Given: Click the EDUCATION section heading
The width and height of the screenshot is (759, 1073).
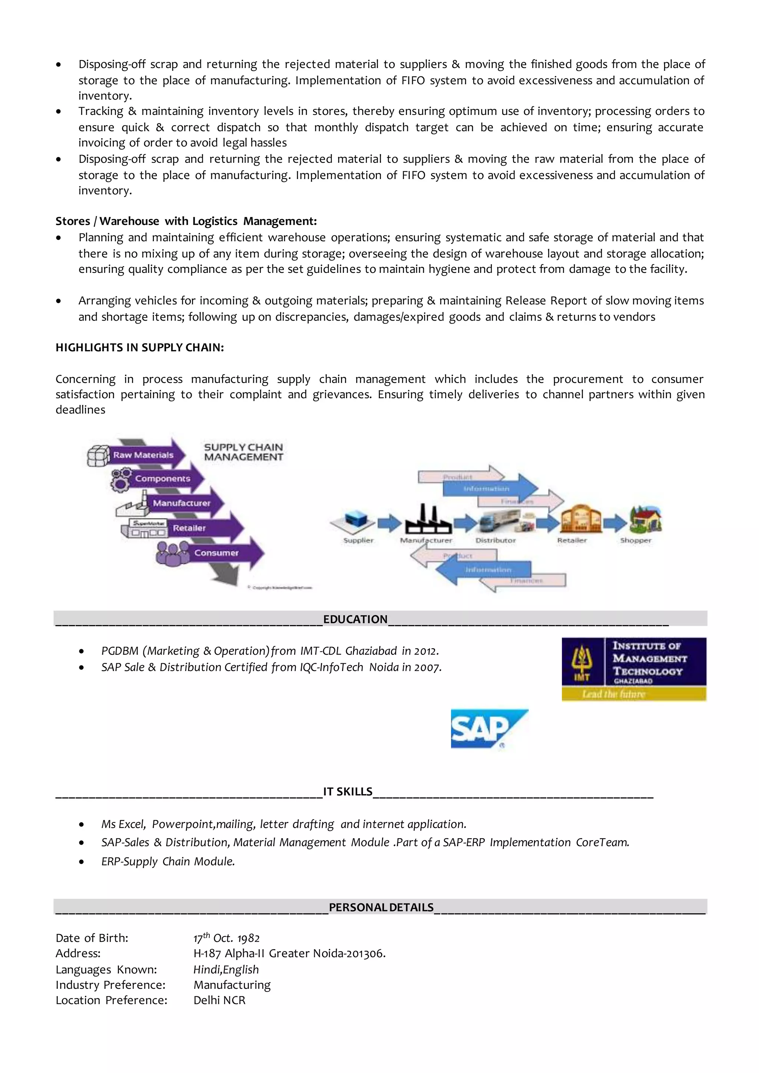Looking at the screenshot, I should [x=355, y=619].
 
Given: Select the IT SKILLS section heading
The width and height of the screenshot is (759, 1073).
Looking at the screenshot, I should [x=348, y=791].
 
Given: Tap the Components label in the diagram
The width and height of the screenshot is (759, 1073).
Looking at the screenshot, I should [x=163, y=479].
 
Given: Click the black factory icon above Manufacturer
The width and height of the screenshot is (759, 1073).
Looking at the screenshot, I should [x=428, y=519].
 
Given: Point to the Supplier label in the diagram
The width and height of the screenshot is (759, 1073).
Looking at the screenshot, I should [x=358, y=541].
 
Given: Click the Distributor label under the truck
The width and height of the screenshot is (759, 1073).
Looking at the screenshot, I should [x=495, y=541].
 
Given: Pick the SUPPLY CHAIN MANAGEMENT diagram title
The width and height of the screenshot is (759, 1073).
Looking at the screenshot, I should [x=243, y=452].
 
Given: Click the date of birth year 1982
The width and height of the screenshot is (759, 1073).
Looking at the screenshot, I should [x=248, y=938].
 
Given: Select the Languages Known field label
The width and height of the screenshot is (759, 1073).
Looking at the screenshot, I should [x=106, y=969].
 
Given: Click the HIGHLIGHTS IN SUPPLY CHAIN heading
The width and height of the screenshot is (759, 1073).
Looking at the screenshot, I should [x=139, y=347].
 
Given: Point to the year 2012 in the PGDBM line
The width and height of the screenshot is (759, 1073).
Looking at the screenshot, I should [x=426, y=651].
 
